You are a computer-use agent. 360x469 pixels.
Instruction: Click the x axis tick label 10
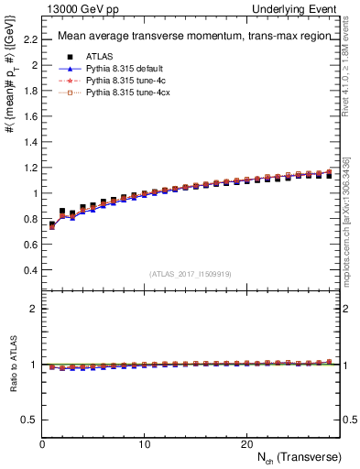pos(144,443)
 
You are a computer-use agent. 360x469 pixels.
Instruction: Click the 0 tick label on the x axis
pos(42,443)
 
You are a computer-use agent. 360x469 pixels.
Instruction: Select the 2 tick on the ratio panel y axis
pos(33,309)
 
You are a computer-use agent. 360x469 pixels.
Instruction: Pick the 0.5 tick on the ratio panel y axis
pos(29,420)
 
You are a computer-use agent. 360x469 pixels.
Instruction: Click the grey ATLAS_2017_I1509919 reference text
pos(191,273)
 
